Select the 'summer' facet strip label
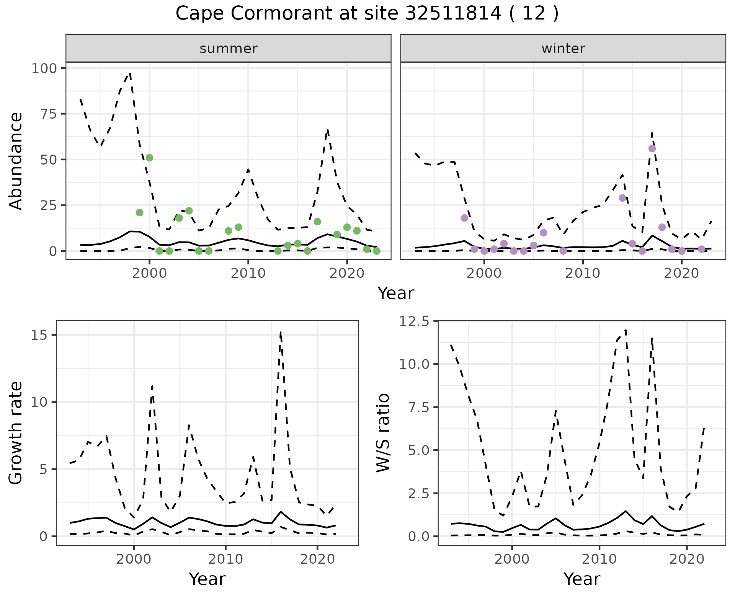(229, 49)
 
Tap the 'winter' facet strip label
(563, 49)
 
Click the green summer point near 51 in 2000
(149, 158)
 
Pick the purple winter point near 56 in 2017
(652, 148)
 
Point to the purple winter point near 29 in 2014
(622, 198)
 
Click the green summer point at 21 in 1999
(139, 213)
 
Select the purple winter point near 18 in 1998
(464, 218)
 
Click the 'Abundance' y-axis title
(16, 161)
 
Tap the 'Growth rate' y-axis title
(16, 433)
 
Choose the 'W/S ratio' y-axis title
(383, 433)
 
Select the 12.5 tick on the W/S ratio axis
(414, 321)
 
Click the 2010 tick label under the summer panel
(248, 274)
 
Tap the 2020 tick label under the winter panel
(681, 274)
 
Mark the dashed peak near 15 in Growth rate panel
(281, 332)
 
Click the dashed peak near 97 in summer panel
(130, 73)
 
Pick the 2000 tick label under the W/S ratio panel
(512, 559)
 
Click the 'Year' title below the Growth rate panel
(207, 579)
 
